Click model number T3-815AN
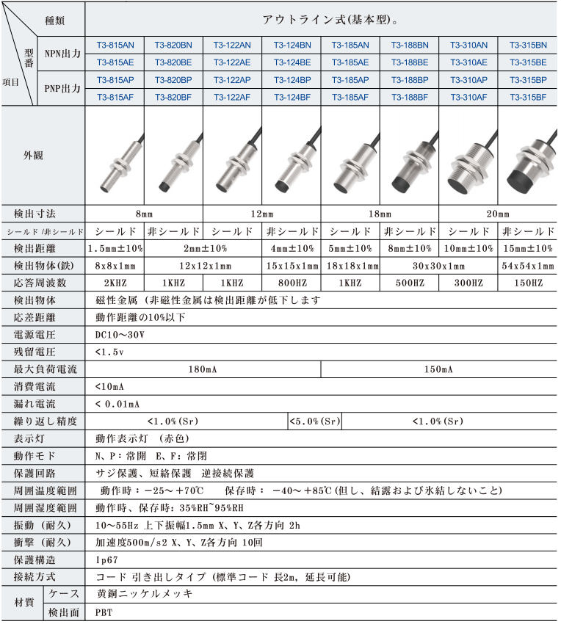115,45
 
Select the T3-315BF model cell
527,96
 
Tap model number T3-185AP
350,79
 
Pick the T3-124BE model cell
292,62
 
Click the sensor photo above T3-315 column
527,155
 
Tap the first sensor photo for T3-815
115,155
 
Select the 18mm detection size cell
380,214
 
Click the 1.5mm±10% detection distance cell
115,248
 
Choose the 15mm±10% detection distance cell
527,248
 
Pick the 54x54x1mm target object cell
527,266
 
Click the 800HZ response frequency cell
292,283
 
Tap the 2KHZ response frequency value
115,283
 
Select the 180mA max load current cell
203,369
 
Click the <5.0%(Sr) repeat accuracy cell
314,421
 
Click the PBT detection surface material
104,612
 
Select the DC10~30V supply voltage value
121,335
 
